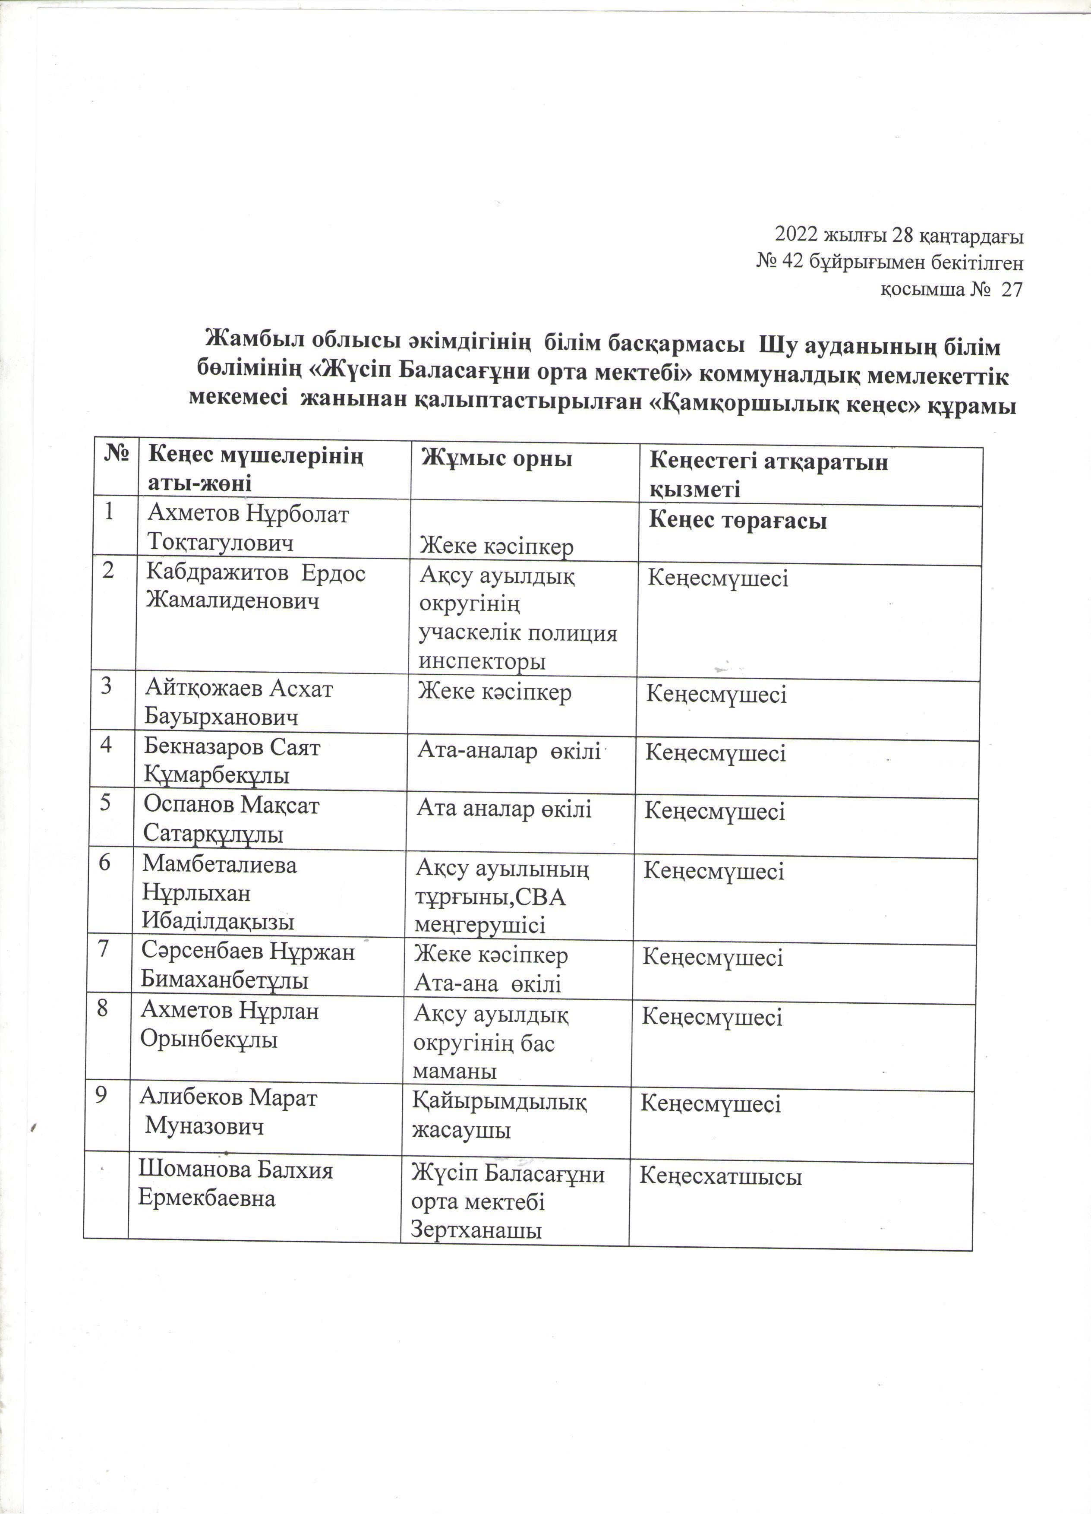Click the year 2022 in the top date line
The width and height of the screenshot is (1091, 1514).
(x=797, y=236)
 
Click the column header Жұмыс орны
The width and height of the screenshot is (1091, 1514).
(x=496, y=460)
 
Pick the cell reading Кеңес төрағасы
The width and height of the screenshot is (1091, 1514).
(x=738, y=522)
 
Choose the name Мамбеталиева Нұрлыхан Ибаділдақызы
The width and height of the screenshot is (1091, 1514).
(x=219, y=893)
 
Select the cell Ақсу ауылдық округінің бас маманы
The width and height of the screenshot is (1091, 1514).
(x=490, y=1043)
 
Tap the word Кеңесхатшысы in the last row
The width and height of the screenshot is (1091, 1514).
(x=721, y=1177)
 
